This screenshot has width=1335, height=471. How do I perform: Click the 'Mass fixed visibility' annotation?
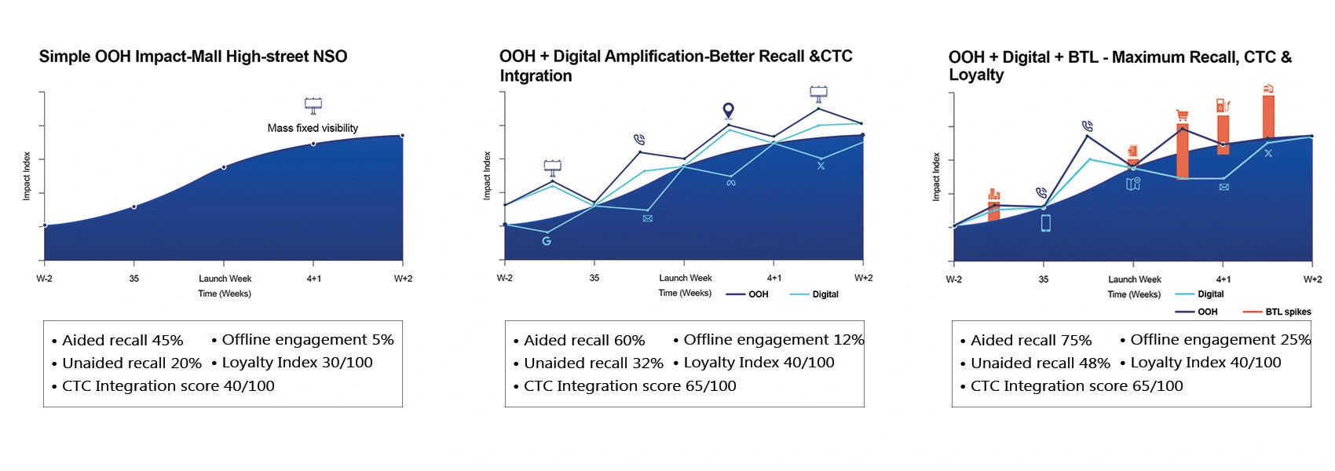point(313,128)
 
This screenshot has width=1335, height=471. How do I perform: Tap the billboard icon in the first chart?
point(313,105)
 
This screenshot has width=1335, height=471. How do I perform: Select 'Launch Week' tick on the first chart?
point(224,279)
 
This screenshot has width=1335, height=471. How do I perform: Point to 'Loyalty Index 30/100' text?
point(297,363)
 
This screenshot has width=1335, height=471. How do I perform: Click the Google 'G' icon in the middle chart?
point(547,241)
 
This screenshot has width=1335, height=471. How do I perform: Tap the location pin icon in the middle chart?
point(728,111)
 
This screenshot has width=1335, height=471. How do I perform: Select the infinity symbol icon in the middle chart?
point(731,183)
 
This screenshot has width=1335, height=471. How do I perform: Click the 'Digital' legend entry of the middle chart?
point(825,294)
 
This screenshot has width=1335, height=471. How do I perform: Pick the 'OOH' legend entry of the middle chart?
point(758,294)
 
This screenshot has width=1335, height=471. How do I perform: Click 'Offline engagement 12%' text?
point(773,340)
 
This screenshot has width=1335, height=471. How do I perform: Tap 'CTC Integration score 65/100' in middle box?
point(630,386)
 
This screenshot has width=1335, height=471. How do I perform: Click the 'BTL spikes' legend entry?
point(1288,312)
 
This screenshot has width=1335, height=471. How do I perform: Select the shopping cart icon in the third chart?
point(1183,116)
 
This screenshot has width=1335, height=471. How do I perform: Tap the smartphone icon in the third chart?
point(1045,223)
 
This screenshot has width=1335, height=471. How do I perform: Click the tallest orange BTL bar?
point(1267,116)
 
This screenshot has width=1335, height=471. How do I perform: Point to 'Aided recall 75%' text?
point(1030,341)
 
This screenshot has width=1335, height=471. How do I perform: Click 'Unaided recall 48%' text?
point(1040,363)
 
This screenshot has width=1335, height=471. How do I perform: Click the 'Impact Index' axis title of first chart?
point(27,176)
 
